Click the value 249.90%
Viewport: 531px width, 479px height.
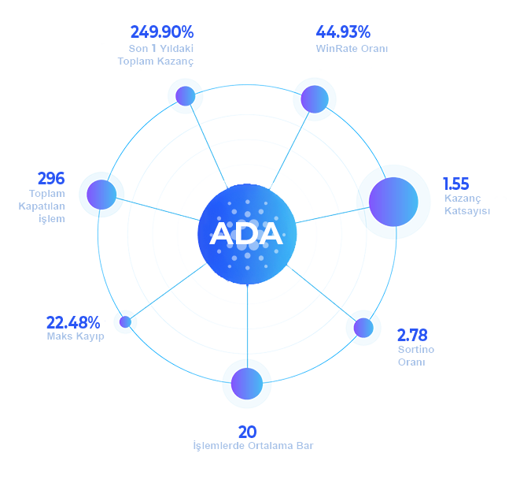point(161,32)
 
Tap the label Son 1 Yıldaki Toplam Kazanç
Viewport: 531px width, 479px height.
point(156,55)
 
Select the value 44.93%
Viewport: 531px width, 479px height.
point(343,32)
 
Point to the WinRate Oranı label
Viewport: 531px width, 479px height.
point(352,49)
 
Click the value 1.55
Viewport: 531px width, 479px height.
point(455,184)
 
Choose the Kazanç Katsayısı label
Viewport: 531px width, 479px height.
point(466,205)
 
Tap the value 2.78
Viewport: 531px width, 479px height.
point(412,334)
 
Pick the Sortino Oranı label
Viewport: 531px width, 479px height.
point(415,355)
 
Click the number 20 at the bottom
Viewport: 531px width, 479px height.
point(247,432)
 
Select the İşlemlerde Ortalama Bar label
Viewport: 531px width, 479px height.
point(253,447)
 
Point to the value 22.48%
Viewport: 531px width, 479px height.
point(73,322)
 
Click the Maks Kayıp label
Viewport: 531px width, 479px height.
point(76,337)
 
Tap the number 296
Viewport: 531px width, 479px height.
point(50,178)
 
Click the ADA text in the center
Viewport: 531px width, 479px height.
point(245,234)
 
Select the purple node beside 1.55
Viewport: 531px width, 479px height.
point(393,201)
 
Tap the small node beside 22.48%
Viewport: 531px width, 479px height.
point(125,321)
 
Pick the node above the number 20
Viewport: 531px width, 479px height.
point(247,384)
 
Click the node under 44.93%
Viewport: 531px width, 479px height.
point(315,98)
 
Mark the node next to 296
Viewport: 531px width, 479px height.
point(101,194)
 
